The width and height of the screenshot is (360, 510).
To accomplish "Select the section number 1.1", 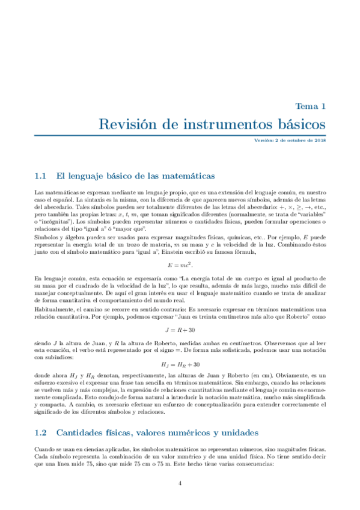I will (41, 176).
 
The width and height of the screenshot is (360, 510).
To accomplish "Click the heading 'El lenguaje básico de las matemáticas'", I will (135, 176).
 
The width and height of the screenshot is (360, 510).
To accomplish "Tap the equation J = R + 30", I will (180, 330).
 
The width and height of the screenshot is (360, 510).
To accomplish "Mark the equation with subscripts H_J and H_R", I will (180, 364).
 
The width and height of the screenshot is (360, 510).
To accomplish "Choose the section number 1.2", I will (41, 432).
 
